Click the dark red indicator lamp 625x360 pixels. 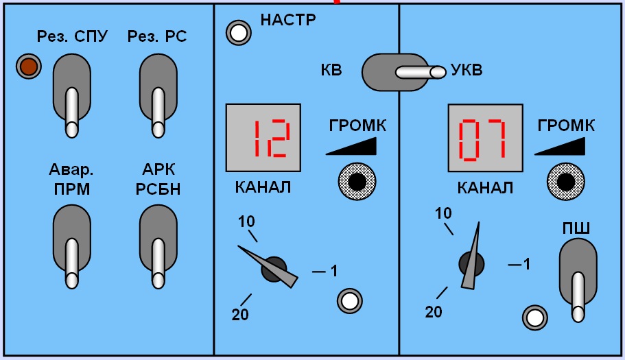pos(29,66)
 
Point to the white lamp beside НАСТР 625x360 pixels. pos(239,33)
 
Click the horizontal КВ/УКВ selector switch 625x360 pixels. pos(403,72)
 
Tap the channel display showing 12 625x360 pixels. pos(263,138)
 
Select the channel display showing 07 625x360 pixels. pos(486,138)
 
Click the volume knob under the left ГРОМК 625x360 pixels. pos(357,182)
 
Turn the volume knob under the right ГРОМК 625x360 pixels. pos(565,182)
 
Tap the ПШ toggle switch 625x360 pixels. pos(578,280)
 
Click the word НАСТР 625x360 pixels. pos(288,19)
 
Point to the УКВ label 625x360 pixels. pos(467,70)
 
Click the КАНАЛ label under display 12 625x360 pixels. pos(263,187)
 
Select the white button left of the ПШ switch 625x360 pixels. pos(535,317)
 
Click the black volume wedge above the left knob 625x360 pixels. pos(351,146)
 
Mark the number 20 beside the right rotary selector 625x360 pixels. pos(434,312)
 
